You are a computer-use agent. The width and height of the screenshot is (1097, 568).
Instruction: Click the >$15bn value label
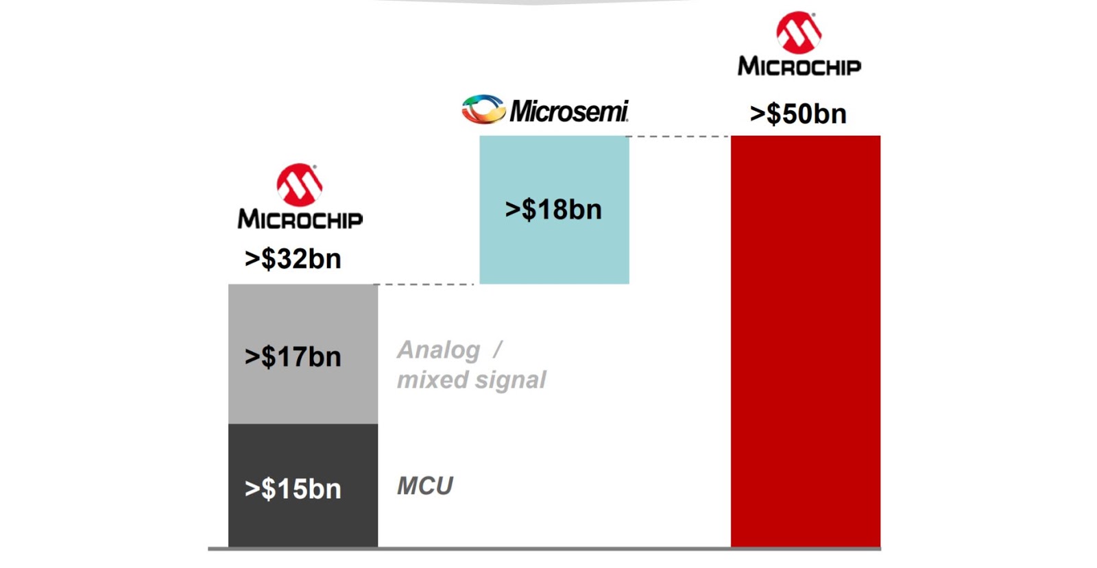click(293, 489)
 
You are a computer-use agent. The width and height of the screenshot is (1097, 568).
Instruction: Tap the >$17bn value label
click(293, 357)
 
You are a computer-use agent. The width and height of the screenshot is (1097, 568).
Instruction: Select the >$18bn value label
click(553, 210)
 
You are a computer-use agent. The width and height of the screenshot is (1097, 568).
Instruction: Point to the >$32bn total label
click(293, 259)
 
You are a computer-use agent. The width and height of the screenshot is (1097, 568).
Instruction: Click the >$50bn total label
click(798, 114)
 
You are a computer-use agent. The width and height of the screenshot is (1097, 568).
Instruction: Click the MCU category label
click(425, 486)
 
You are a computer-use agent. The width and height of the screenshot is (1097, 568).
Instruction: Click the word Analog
click(439, 350)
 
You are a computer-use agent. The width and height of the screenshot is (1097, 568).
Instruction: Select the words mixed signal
click(472, 380)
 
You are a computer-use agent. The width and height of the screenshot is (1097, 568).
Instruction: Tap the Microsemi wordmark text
click(568, 111)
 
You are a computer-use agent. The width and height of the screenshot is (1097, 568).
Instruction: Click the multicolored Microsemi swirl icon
click(483, 110)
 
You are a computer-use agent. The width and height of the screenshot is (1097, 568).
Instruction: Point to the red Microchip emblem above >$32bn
click(300, 184)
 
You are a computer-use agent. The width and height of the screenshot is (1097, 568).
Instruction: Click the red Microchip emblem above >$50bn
click(799, 32)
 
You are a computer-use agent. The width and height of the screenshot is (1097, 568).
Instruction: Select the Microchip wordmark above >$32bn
click(300, 219)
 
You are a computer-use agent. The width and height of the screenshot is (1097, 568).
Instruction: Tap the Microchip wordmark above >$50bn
click(799, 66)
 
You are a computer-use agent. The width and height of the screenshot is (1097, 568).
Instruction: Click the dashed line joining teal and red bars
click(679, 136)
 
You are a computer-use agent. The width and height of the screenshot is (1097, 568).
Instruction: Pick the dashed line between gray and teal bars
click(425, 284)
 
